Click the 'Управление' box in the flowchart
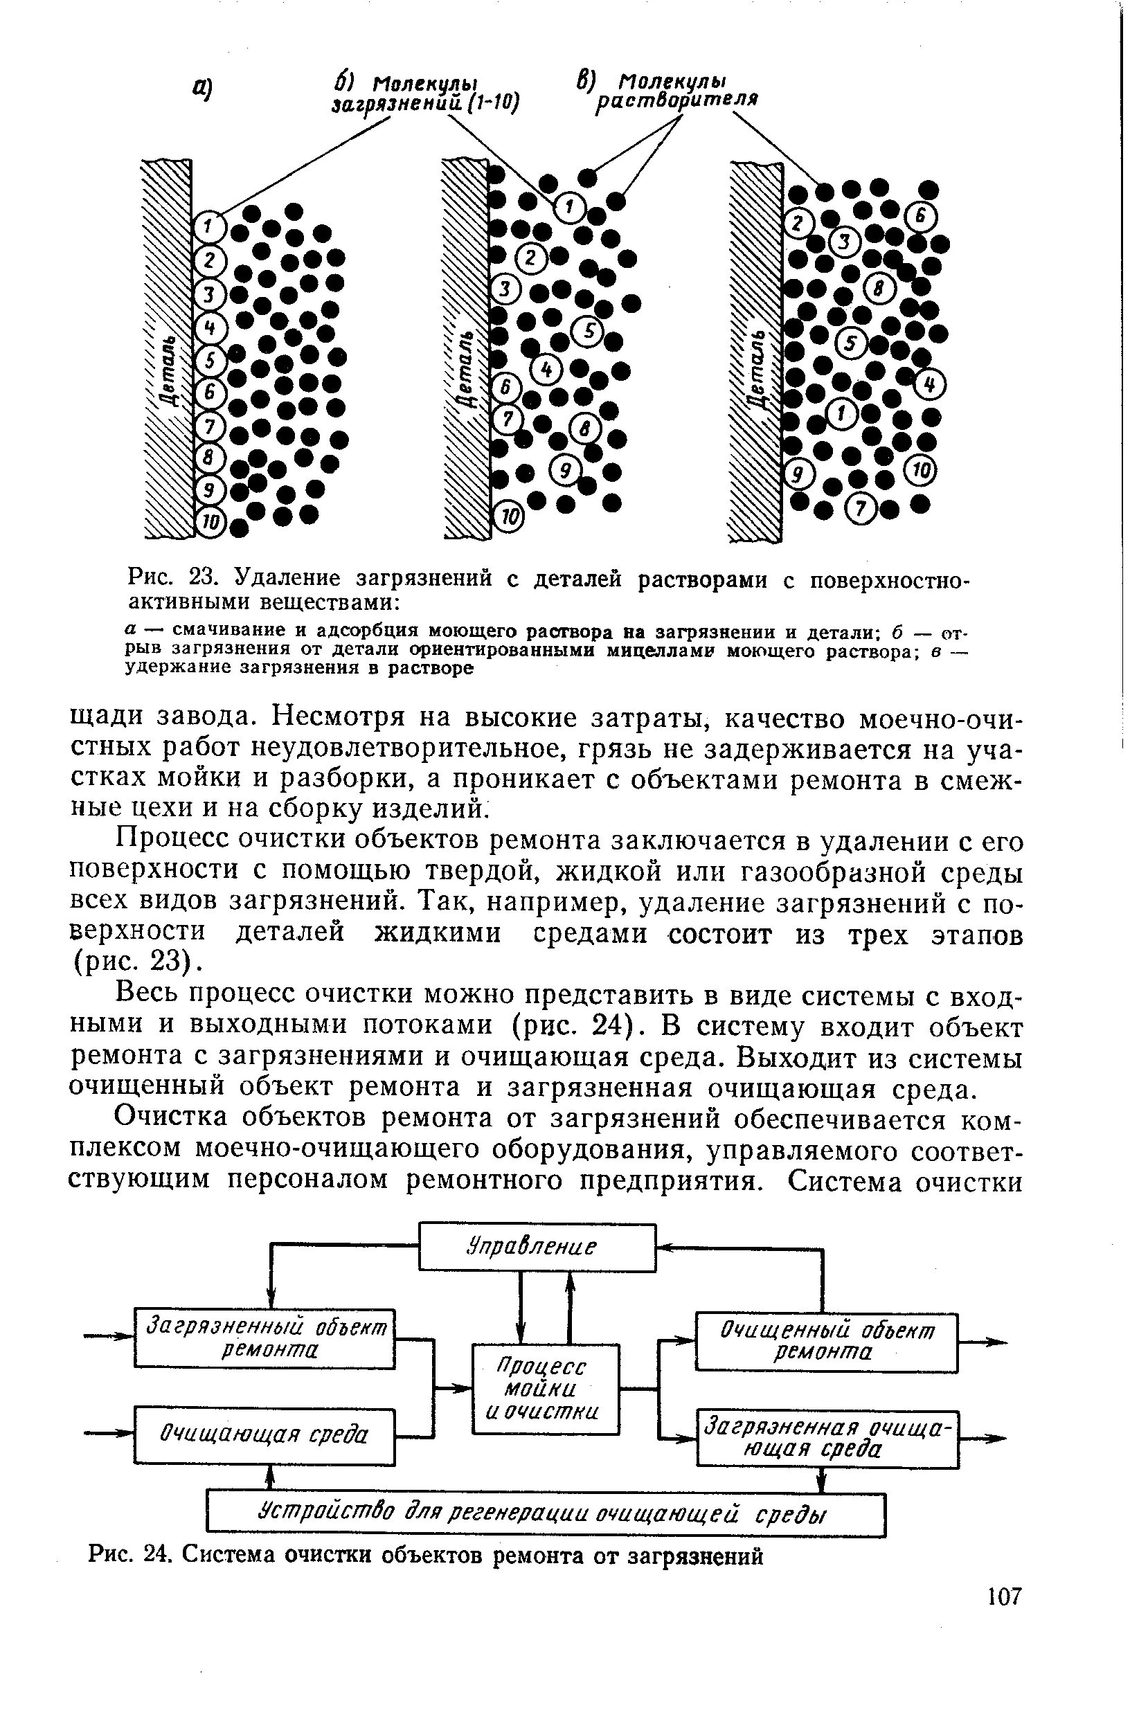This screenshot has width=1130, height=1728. point(537,1248)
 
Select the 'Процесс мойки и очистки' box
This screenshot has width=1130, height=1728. point(546,1389)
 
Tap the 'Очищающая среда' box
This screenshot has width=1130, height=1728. point(264,1434)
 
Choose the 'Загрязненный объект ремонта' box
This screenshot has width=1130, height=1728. point(264,1338)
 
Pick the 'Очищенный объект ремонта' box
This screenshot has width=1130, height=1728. point(827,1341)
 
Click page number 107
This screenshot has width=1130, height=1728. point(1005,1596)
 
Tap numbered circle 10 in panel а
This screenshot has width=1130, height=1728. point(210,521)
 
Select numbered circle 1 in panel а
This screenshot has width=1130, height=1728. point(209,227)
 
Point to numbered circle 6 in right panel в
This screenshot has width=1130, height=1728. point(922,217)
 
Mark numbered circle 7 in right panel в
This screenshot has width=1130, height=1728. point(862,510)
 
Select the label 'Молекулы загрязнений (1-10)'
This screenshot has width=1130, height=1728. point(426,93)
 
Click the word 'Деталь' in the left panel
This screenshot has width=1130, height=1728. point(169,370)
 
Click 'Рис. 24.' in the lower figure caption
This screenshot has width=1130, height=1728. point(131,1555)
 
